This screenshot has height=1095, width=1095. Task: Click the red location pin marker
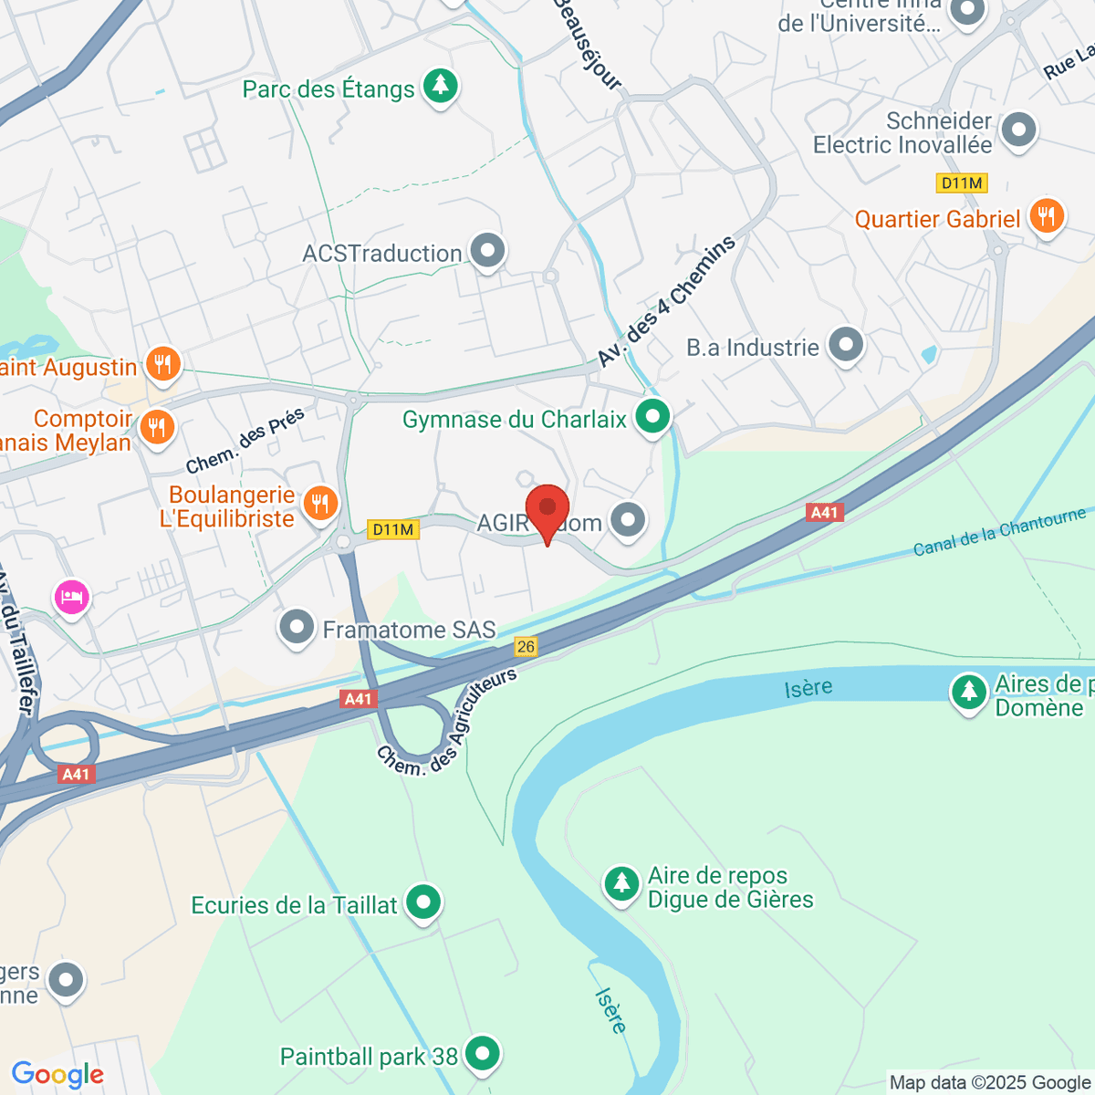pos(547,509)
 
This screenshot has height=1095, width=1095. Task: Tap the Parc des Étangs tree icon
pos(441,87)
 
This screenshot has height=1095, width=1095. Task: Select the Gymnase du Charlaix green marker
pos(652,418)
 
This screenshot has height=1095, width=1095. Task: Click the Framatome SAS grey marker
pos(297,628)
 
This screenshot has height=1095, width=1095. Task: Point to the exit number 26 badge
pos(526,646)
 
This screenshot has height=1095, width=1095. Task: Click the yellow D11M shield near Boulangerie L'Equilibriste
pos(393,529)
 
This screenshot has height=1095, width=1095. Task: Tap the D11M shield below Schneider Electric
pos(962,183)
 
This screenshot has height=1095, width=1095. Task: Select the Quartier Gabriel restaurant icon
pos(1047,217)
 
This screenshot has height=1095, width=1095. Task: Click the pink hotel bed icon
pos(71,598)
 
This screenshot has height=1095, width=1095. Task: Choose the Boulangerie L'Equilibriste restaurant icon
pos(320,503)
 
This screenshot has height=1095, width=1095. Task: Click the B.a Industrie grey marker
pos(846,345)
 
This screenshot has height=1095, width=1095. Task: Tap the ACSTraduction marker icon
pos(488,250)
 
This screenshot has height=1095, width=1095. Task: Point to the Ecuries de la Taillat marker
pos(423,903)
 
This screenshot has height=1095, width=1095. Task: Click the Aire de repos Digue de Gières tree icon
pos(622,883)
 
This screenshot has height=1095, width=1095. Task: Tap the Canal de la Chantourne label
pos(999,532)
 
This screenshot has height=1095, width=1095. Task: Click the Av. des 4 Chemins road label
pos(667,301)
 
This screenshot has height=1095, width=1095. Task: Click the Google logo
pos(57,1075)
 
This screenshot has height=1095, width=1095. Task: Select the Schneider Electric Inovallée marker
pos(1018,130)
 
